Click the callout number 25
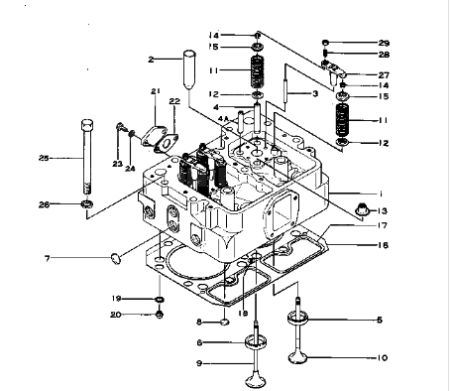coord(44,158)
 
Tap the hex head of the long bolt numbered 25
coord(87,125)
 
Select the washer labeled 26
coord(87,204)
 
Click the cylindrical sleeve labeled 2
coord(189,69)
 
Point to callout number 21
coord(156,91)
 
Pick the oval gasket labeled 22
coord(167,144)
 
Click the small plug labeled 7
coord(115,258)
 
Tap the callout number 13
coord(382,211)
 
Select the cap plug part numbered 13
coord(363,208)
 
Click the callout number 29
coord(384,43)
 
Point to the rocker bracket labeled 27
coord(333,70)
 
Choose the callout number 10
coord(382,357)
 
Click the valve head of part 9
coord(256,380)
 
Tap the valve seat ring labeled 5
coord(297,318)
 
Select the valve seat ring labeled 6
coord(256,341)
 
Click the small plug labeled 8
coord(224,322)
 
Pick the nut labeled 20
coord(160,314)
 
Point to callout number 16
coord(383,245)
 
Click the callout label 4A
coord(223,119)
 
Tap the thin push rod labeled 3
coord(285,89)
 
